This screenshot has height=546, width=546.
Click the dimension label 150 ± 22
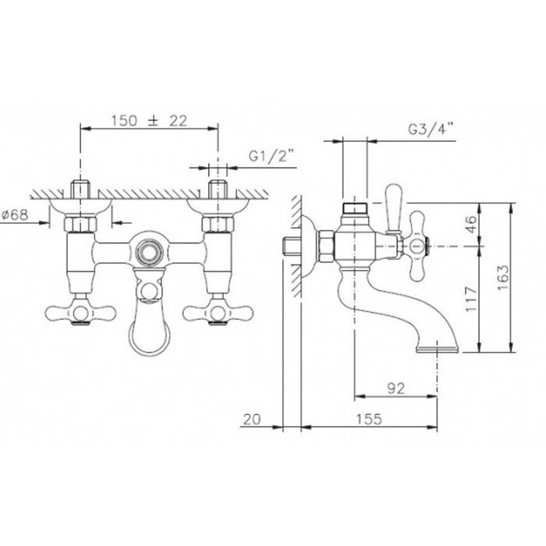click(x=149, y=121)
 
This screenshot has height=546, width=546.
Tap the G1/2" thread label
click(x=271, y=156)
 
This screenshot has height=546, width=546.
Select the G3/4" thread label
click(x=431, y=129)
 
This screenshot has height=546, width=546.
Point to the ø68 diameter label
click(x=15, y=214)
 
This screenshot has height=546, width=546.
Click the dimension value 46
click(x=470, y=225)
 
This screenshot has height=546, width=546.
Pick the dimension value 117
click(x=470, y=300)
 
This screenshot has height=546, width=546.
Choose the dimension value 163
click(x=502, y=278)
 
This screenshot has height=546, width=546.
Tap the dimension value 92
click(x=396, y=388)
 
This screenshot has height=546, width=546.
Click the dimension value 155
click(x=369, y=419)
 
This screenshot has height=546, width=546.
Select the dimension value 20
click(x=251, y=420)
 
